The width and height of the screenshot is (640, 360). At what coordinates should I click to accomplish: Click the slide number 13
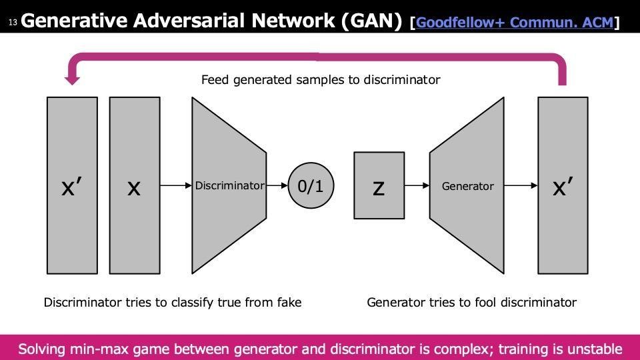pos(13,22)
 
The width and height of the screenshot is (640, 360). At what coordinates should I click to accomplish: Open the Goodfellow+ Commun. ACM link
pos(515,22)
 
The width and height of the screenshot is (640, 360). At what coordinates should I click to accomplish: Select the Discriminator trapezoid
pos(229,185)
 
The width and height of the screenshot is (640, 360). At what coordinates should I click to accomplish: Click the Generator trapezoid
pos(467,185)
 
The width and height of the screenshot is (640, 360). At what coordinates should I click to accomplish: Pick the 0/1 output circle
pos(311,186)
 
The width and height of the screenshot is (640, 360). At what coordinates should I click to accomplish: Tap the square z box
pos(379,186)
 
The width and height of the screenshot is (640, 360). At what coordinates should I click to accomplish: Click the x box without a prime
pos(135,185)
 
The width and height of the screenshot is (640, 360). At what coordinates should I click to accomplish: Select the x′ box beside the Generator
pos(563,185)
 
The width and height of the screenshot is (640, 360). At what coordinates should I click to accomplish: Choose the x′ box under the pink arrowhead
pos(72,185)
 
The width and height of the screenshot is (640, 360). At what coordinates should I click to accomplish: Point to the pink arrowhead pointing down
pos(72,79)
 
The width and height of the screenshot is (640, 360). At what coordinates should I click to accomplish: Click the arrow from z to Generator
pos(417,186)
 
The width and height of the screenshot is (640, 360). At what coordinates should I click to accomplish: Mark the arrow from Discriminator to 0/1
pos(277,186)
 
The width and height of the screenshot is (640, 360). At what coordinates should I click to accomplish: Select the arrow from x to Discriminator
pos(176,186)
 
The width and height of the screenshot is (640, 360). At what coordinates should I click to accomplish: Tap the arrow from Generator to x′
pos(521,186)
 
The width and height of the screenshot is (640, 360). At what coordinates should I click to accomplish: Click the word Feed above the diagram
pos(215,79)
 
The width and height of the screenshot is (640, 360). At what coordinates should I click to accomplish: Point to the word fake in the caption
pos(289,302)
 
